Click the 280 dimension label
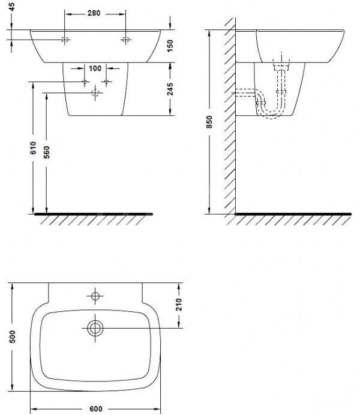(x=94, y=13)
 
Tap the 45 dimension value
(x=11, y=7)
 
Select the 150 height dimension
(x=170, y=46)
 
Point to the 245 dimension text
(x=170, y=89)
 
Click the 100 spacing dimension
(x=95, y=68)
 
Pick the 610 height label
(x=33, y=148)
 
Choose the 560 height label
(x=47, y=152)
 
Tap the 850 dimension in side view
(x=209, y=122)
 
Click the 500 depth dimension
(x=13, y=336)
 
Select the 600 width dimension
(x=95, y=409)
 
